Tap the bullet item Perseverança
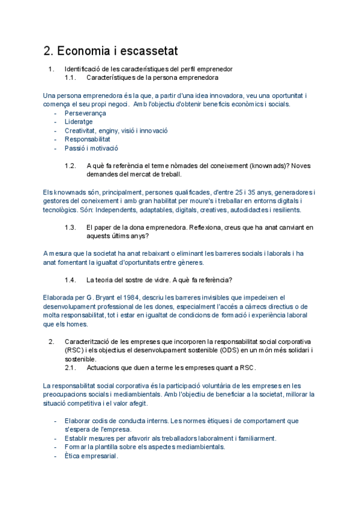85,113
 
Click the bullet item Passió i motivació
91,148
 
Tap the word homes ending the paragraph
74,324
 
